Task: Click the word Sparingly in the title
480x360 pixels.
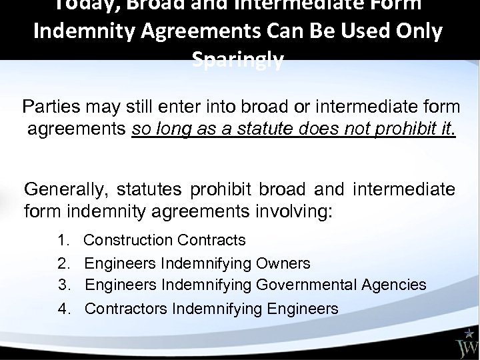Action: coord(238,62)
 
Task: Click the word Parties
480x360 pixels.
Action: coord(47,107)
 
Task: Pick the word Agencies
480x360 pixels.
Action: coord(394,285)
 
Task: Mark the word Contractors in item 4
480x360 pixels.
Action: coord(126,309)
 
